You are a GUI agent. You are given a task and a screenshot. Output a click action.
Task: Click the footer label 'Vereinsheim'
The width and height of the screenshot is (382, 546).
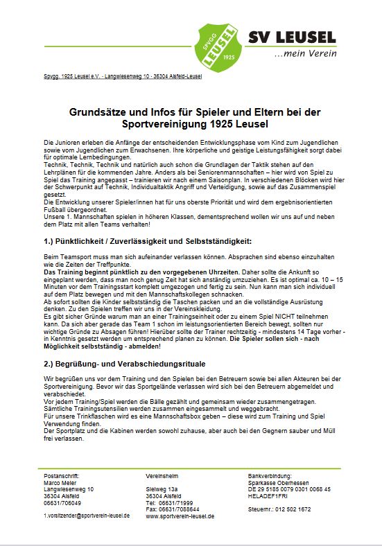(x=161, y=477)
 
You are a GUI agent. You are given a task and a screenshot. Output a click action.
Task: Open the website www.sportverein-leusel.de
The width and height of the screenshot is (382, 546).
(x=180, y=516)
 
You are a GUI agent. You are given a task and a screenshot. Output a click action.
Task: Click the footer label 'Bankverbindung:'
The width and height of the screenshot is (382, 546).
(x=270, y=477)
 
